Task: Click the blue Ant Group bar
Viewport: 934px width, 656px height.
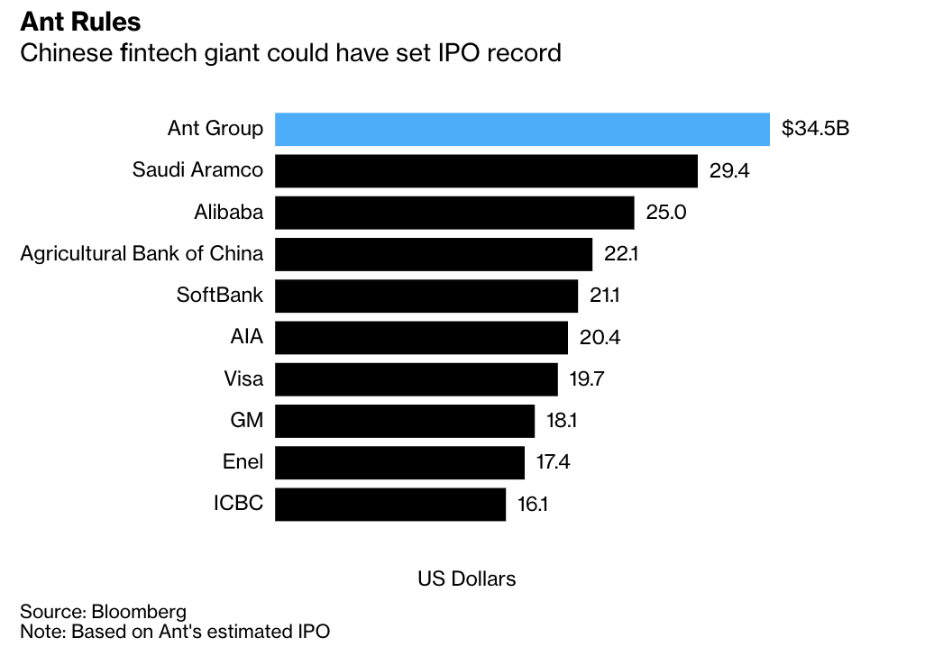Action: [522, 129]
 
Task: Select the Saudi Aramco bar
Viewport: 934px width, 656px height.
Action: [486, 170]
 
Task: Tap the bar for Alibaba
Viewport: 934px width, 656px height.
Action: [454, 213]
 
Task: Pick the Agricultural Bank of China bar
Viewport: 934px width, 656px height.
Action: [434, 254]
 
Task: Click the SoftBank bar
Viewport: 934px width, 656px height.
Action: [426, 296]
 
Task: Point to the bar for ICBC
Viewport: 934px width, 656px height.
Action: [390, 504]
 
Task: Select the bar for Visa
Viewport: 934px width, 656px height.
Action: [417, 378]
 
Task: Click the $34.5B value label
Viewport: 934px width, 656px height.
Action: [815, 129]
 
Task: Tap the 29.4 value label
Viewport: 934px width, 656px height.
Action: [729, 171]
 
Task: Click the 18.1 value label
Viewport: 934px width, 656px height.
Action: [566, 421]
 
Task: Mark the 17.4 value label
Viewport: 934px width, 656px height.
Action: [553, 462]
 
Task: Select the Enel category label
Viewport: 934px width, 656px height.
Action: [243, 462]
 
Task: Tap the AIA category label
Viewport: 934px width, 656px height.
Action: [246, 338]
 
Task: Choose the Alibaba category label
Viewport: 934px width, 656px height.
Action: [229, 213]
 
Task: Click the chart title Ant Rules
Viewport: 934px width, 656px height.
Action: [80, 20]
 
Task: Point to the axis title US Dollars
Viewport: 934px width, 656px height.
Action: [466, 579]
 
